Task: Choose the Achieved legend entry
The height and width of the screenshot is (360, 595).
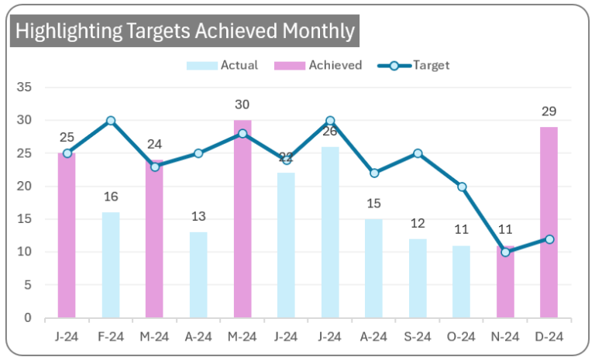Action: [335, 66]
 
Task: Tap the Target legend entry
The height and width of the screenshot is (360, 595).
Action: [432, 66]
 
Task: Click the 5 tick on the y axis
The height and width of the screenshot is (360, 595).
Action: [27, 285]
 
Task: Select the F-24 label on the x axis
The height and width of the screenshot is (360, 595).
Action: [111, 337]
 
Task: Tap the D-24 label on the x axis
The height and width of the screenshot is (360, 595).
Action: [549, 337]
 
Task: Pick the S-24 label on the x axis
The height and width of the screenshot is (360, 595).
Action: [418, 337]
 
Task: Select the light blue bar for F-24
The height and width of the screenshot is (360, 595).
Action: [111, 265]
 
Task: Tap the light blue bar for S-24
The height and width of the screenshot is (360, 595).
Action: [418, 278]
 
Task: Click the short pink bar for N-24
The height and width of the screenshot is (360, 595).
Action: [505, 282]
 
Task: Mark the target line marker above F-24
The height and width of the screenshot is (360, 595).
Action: [111, 121]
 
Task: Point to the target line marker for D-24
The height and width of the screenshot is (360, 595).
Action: [549, 239]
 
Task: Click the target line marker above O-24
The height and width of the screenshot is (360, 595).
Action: [462, 187]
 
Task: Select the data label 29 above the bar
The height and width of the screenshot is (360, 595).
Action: [549, 111]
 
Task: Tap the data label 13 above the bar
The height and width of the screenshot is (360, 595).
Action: [198, 217]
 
